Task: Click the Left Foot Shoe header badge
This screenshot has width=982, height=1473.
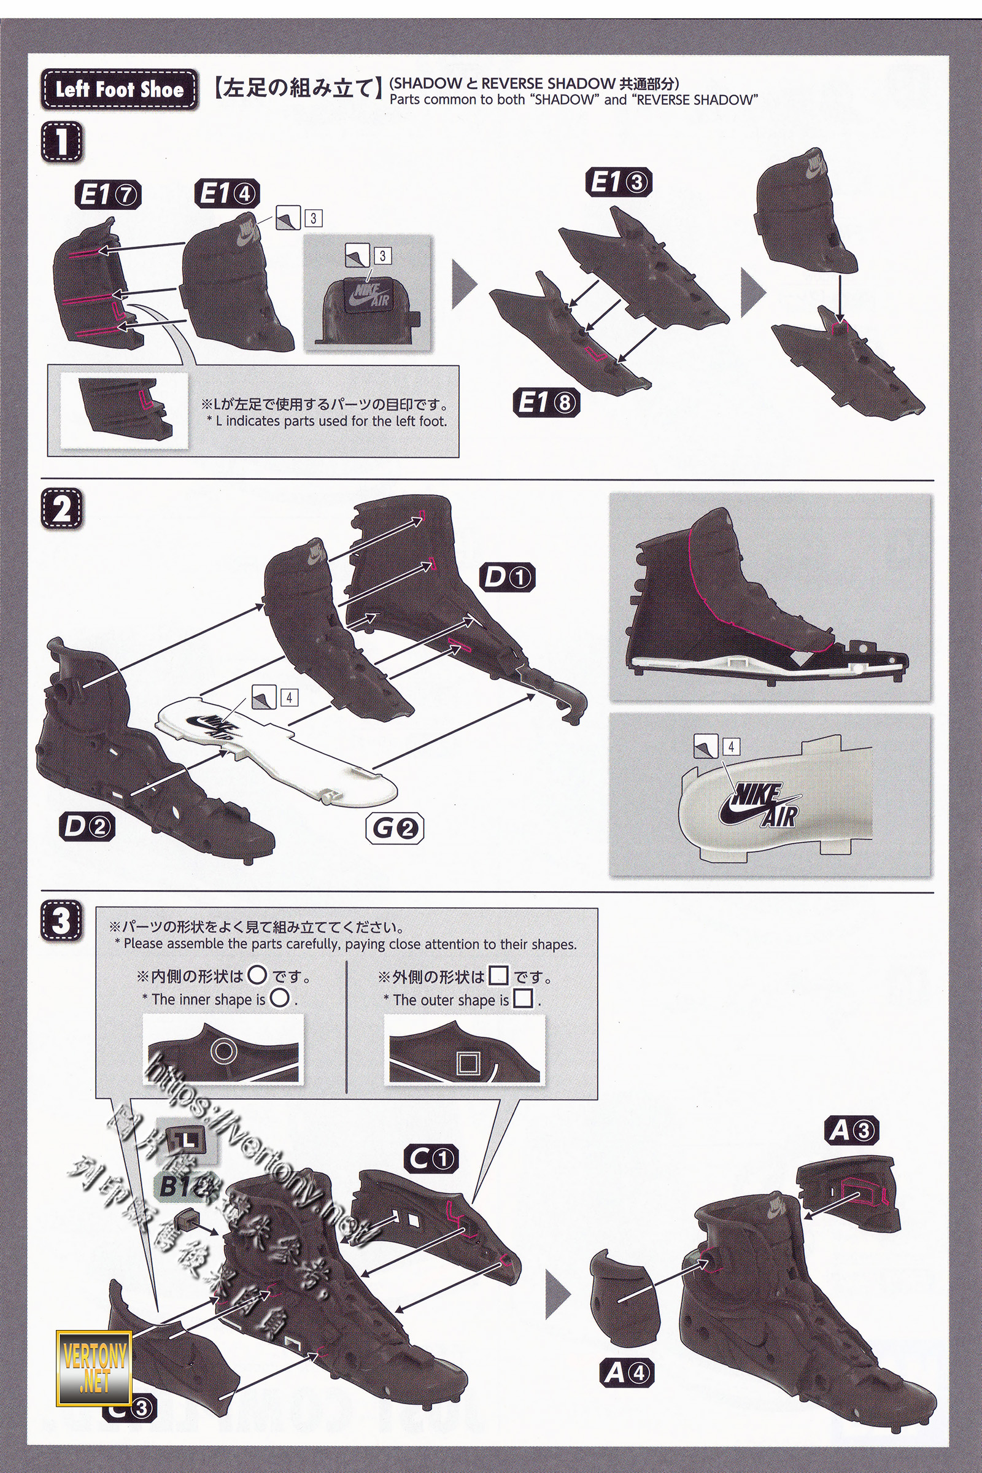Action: [119, 90]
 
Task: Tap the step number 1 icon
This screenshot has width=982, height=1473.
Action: [62, 142]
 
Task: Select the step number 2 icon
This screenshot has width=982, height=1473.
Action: [62, 510]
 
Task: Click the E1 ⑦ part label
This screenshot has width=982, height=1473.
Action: [109, 195]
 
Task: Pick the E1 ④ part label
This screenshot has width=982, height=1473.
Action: [226, 193]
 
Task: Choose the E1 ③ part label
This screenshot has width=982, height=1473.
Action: [620, 182]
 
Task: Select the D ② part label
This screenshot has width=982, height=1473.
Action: [88, 829]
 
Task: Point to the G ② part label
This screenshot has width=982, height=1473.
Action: [394, 829]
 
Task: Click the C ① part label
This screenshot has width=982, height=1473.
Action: [431, 1159]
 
